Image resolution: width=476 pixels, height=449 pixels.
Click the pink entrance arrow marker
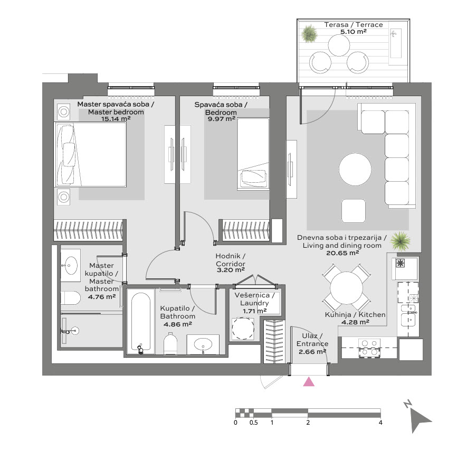coord(309,382)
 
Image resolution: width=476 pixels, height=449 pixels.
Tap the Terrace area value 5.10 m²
coord(354,32)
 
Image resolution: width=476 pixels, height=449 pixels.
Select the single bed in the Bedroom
coord(254,153)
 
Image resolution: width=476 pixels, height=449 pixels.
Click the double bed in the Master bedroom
coord(90,154)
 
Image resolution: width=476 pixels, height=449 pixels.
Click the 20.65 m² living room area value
coord(343,253)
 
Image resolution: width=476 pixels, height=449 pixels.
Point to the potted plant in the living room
coord(402,241)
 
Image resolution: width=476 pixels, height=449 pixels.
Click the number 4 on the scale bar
coord(380,422)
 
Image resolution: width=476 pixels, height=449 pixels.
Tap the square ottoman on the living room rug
coord(354,211)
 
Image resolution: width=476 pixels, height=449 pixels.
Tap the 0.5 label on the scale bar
coord(253,422)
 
